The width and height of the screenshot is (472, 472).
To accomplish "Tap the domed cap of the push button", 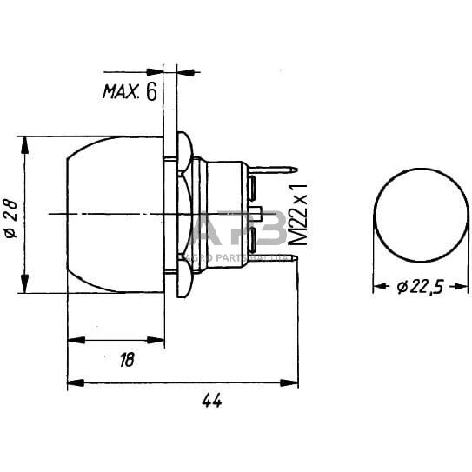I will tap(113, 213).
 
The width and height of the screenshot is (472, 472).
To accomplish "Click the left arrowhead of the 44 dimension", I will tap(73, 382).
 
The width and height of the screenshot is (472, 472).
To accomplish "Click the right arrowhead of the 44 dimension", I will tap(292, 382).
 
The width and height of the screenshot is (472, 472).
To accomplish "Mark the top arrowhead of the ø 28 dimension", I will tap(23, 142).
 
